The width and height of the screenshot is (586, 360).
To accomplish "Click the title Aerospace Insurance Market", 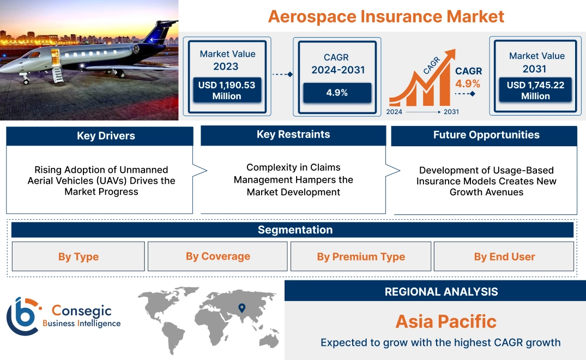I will [x=386, y=16].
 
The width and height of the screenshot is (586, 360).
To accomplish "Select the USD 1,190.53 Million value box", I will [x=226, y=91].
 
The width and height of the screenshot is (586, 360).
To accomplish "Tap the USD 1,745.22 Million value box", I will [x=535, y=91].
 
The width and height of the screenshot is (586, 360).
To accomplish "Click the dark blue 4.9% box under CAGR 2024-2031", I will [x=337, y=93].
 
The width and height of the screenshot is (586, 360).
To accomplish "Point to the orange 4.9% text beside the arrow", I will [x=468, y=83].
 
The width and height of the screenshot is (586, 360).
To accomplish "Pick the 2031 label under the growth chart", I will [x=451, y=111].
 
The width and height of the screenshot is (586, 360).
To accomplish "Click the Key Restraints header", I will [x=293, y=135].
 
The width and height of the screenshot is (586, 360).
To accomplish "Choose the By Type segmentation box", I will [x=78, y=256].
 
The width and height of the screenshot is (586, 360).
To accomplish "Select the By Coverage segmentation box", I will [x=218, y=256].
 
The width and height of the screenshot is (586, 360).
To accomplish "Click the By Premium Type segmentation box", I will [x=361, y=256].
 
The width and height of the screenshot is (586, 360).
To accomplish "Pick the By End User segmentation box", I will [x=504, y=256].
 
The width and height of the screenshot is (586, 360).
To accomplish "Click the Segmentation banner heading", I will [x=295, y=230].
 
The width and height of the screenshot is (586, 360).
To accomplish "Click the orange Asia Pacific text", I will [x=446, y=321].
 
